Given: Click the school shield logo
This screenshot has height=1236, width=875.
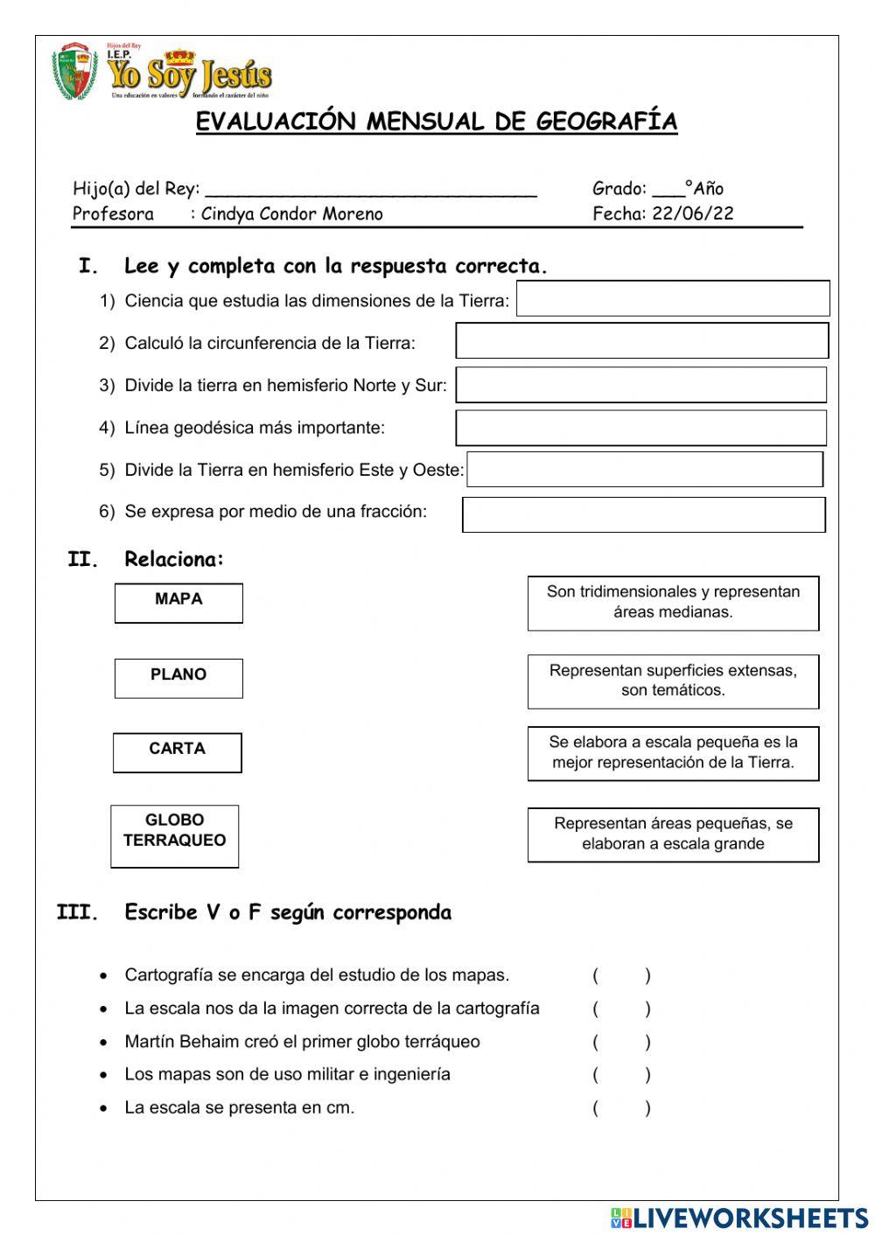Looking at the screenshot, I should pos(74,72).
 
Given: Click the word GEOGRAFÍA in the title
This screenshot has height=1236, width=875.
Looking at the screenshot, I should pos(606,122).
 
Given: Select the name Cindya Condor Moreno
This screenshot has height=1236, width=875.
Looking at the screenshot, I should pos(292,214).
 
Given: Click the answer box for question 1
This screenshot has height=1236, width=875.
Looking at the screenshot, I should pos(673,298).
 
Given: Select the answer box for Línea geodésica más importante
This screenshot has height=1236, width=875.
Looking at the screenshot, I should pos(640,428).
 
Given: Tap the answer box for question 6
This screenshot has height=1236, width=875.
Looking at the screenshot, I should pos(643,514).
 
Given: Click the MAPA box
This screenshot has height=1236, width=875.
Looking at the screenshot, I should pos(178,603).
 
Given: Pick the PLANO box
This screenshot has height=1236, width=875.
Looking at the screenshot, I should pos(178,678).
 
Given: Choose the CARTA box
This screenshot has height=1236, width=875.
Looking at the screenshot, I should pos(178,752).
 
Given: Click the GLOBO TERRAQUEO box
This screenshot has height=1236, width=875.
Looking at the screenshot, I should pos(175,835).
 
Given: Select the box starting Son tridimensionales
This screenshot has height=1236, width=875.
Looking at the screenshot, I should pos(673,603).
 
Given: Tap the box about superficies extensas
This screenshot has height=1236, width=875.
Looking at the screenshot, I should pos(673,681).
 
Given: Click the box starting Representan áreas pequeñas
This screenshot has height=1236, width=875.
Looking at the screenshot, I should pos(673,834).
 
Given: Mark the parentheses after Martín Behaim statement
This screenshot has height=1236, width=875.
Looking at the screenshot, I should pos(621,1042).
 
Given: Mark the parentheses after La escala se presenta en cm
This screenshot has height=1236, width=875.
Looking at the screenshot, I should pos(621,1108).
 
